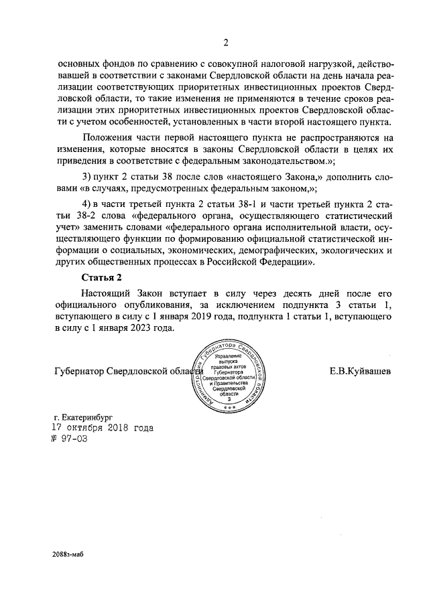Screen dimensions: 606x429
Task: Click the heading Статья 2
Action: (x=101, y=276)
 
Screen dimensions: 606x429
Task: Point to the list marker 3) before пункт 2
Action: (x=86, y=176)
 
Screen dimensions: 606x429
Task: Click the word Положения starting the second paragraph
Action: (x=107, y=137)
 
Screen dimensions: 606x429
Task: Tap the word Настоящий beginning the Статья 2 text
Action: (x=107, y=293)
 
